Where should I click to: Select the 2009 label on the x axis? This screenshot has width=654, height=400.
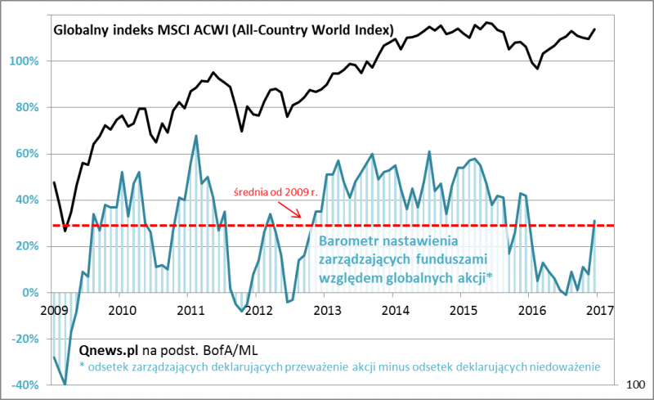[53, 310]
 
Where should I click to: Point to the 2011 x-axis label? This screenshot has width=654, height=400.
[190, 310]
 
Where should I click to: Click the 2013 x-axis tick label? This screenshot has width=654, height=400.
[326, 310]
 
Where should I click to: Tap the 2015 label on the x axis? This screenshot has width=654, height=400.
[463, 310]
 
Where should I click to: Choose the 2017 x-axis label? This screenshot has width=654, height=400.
[599, 310]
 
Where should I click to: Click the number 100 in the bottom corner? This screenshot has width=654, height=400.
[636, 384]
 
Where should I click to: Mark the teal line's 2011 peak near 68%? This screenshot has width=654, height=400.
[196, 136]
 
